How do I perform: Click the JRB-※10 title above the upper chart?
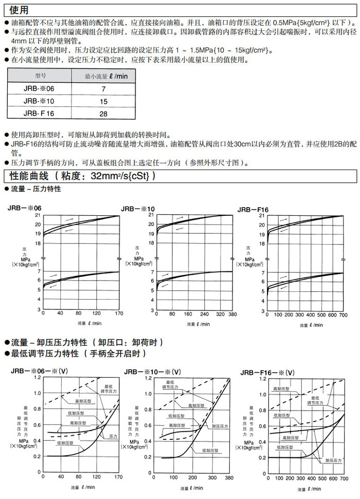pyautogui.click(x=137, y=209)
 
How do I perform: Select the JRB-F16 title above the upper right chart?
pyautogui.click(x=253, y=209)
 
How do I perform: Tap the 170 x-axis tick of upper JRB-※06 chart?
pyautogui.click(x=119, y=313)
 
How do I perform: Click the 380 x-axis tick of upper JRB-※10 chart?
pyautogui.click(x=232, y=313)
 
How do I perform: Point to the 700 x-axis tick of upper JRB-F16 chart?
pyautogui.click(x=344, y=314)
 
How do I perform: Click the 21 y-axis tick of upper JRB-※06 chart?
pyautogui.click(x=38, y=215)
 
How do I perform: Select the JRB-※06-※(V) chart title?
pyautogui.click(x=39, y=371)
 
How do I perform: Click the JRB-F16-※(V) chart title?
pyautogui.click(x=268, y=373)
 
